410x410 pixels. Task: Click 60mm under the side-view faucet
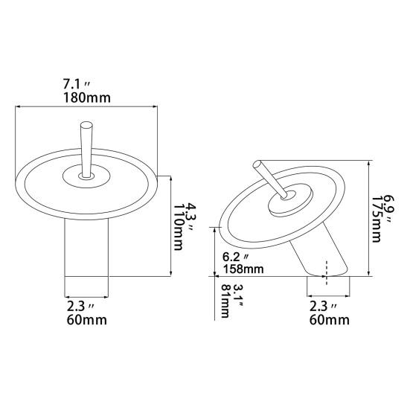tap(327, 321)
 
